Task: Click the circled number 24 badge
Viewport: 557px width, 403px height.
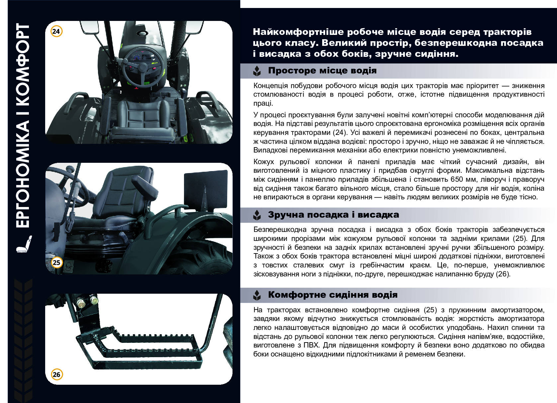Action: coord(56,31)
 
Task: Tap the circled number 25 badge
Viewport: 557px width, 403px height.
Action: coord(56,262)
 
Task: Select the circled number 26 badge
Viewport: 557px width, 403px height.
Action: coord(56,374)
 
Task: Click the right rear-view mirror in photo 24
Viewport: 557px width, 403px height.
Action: coord(194,27)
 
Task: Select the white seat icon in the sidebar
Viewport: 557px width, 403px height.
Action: coord(24,244)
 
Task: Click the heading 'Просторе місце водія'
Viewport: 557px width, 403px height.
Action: coord(322,71)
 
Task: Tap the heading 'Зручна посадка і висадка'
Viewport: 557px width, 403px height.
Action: coord(333,215)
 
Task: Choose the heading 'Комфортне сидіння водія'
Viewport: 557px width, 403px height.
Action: coord(333,295)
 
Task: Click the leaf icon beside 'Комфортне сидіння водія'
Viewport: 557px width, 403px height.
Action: coord(257,295)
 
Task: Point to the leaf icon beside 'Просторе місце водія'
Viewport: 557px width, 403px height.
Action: coord(257,71)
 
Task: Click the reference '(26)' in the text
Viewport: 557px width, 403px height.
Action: coord(503,274)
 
